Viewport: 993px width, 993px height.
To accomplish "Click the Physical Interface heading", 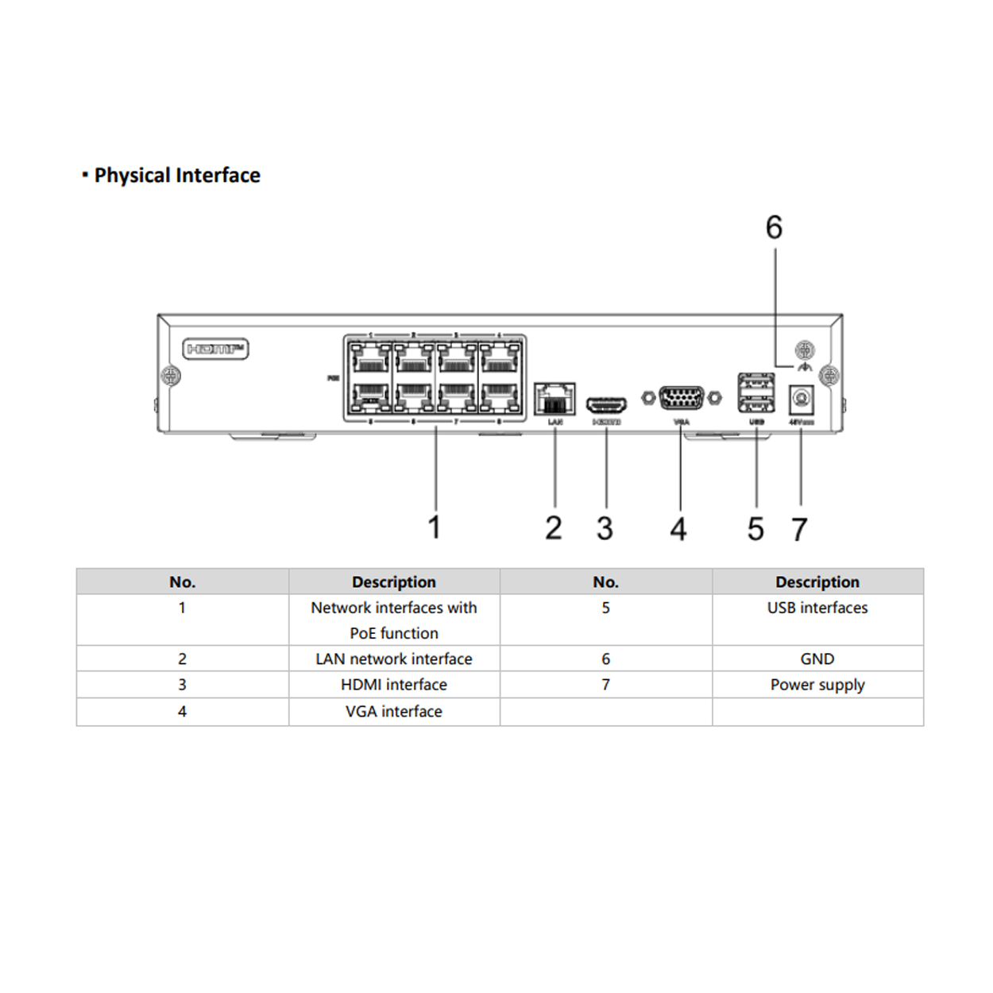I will (176, 176).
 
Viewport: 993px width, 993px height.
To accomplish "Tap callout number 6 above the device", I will (774, 228).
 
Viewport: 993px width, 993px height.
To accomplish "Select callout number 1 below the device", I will (434, 527).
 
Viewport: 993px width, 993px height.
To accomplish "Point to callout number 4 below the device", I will (678, 529).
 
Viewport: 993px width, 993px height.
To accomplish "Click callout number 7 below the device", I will (799, 529).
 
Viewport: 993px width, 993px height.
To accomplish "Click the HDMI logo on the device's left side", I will (215, 349).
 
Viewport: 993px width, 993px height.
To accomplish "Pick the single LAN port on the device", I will (554, 398).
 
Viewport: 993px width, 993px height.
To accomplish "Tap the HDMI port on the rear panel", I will (606, 406).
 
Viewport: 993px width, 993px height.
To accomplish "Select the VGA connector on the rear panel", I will (682, 397).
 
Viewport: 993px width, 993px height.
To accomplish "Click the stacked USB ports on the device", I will (756, 392).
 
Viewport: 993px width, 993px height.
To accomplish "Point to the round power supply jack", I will (801, 399).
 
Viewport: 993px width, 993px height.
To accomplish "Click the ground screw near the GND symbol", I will (805, 349).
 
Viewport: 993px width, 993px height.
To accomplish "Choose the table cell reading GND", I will (817, 659).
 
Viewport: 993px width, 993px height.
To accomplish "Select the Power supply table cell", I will (817, 685).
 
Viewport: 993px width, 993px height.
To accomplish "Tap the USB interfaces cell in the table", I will (817, 608).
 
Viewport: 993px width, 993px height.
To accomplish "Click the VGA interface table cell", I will (393, 712).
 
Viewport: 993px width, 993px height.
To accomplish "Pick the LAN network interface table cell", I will (393, 659).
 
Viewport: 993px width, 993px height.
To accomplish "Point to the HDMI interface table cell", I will (393, 685).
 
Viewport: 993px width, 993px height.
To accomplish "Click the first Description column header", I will (393, 582).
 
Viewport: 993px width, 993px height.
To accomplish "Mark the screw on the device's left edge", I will (170, 375).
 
